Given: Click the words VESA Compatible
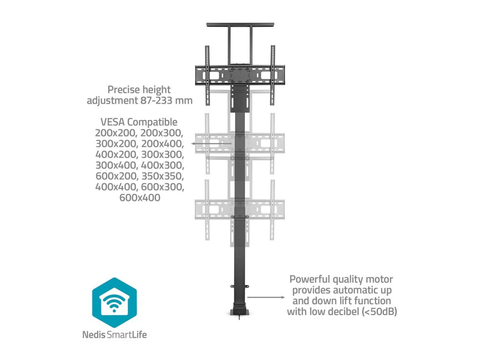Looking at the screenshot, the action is click(139, 122).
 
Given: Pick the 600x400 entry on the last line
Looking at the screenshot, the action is click(139, 198).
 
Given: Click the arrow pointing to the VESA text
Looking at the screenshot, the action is click(211, 143).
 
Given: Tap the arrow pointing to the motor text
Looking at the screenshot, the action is click(265, 297).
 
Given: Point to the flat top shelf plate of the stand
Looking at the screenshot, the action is click(240, 25).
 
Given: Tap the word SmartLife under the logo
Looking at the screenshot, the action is click(134, 335).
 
